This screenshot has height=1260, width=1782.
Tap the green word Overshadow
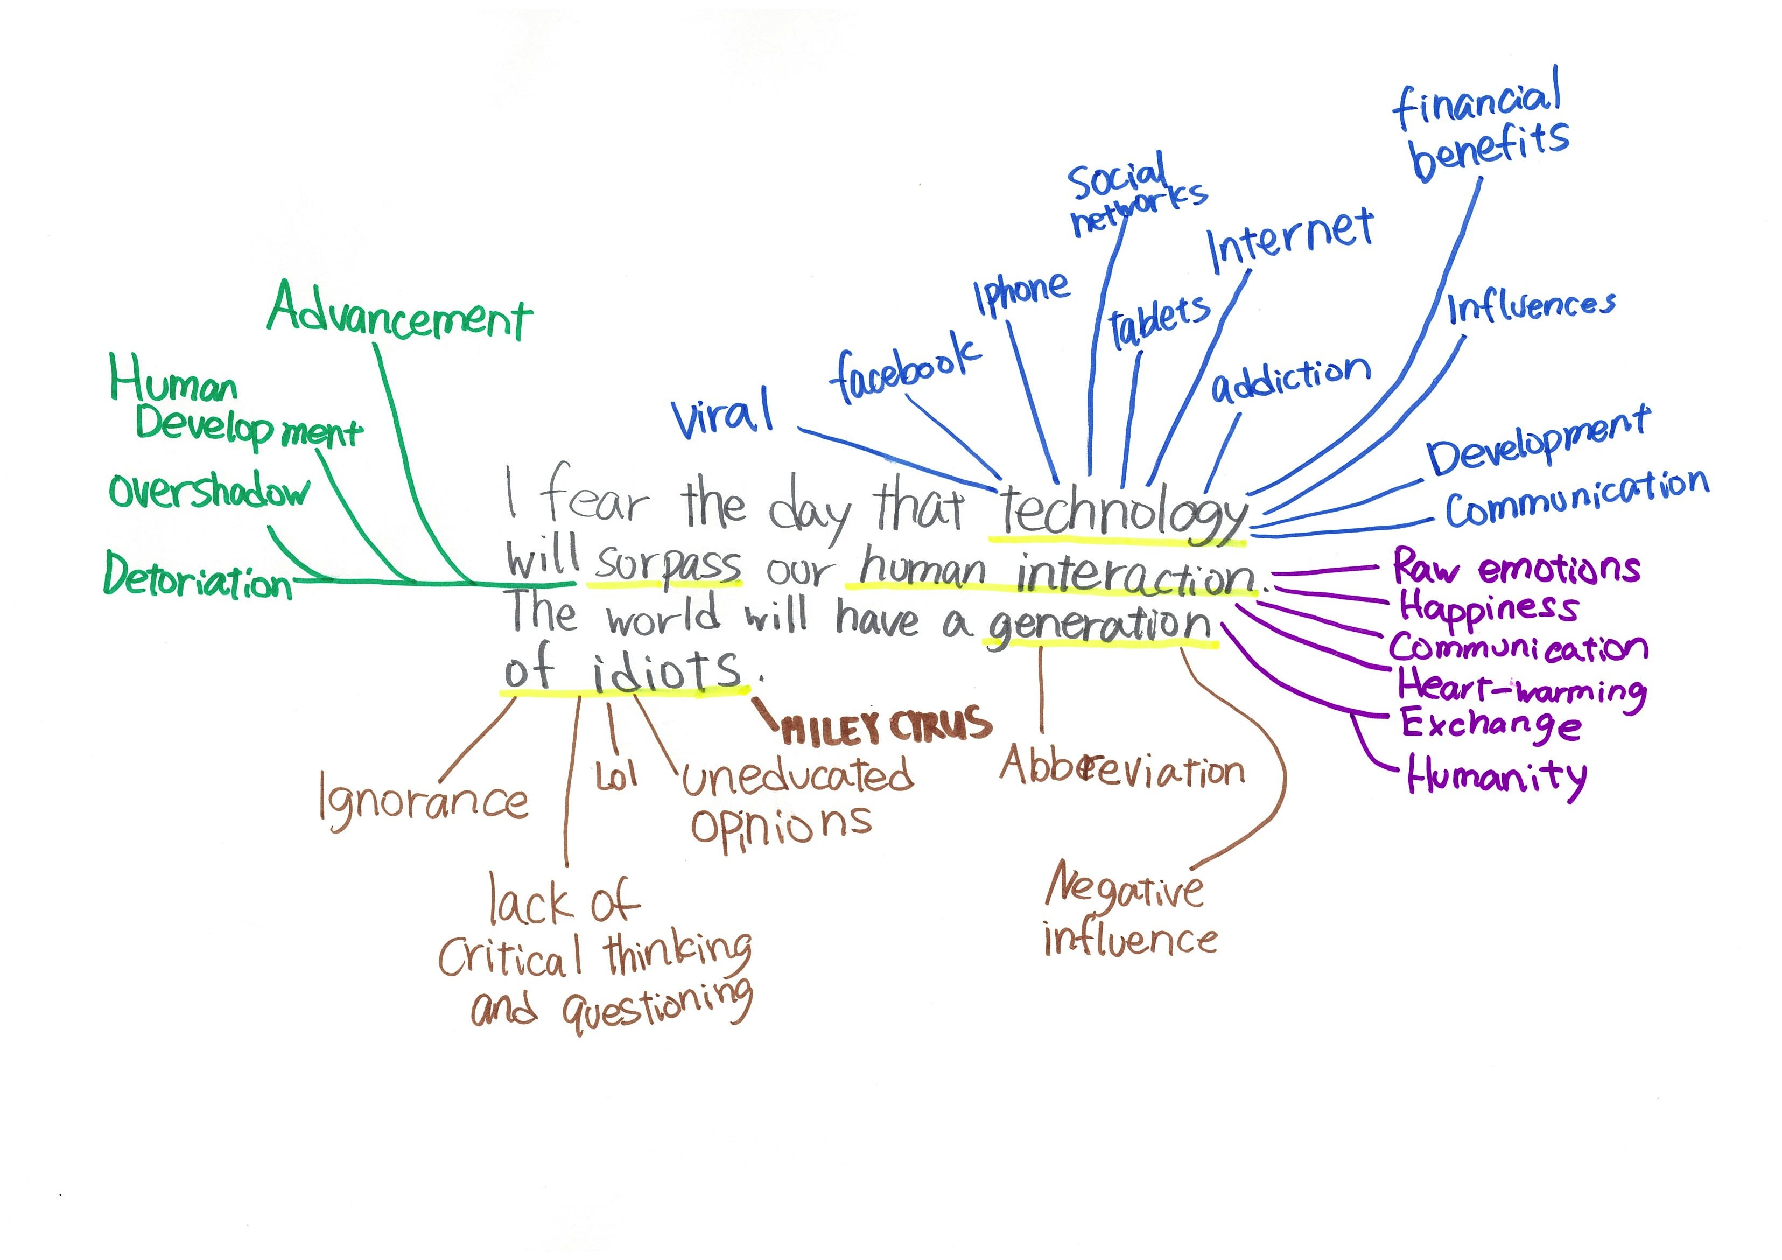pyautogui.click(x=208, y=492)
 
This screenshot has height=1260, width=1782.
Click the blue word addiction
pyautogui.click(x=1290, y=378)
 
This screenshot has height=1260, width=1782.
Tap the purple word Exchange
pyautogui.click(x=1490, y=725)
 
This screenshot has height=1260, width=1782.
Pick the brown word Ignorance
pyautogui.click(x=424, y=803)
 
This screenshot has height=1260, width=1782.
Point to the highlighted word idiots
pyautogui.click(x=668, y=669)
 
